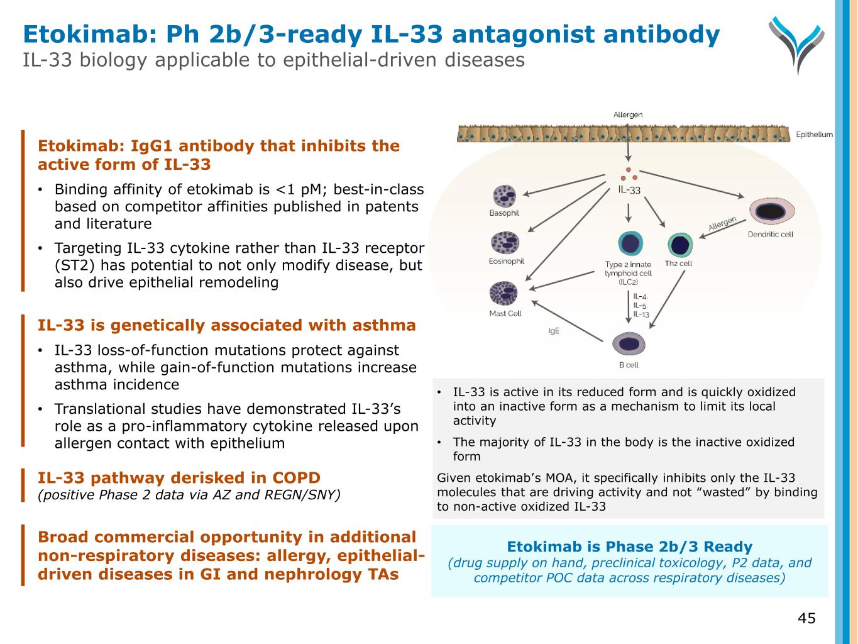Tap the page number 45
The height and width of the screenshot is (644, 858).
pyautogui.click(x=806, y=618)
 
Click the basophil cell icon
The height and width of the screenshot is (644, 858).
pyautogui.click(x=504, y=196)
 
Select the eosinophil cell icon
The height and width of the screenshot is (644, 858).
pyautogui.click(x=505, y=243)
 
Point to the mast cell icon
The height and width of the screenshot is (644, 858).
pyautogui.click(x=503, y=294)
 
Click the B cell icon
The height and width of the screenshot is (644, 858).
pyautogui.click(x=629, y=343)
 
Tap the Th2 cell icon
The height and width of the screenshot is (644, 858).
pyautogui.click(x=679, y=245)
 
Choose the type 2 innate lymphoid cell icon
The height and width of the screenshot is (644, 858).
pyautogui.click(x=629, y=244)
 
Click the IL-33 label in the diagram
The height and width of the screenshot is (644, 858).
pyautogui.click(x=629, y=189)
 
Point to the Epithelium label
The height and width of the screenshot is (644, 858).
pyautogui.click(x=814, y=135)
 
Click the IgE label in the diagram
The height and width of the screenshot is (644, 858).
pyautogui.click(x=554, y=331)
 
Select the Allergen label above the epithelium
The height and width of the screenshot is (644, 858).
pyautogui.click(x=628, y=114)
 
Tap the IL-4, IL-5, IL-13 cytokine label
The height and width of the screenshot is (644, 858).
pyautogui.click(x=641, y=305)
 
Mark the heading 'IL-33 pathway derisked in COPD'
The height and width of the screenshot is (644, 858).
pyautogui.click(x=179, y=478)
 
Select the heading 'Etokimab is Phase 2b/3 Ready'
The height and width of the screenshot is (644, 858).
pyautogui.click(x=629, y=547)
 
